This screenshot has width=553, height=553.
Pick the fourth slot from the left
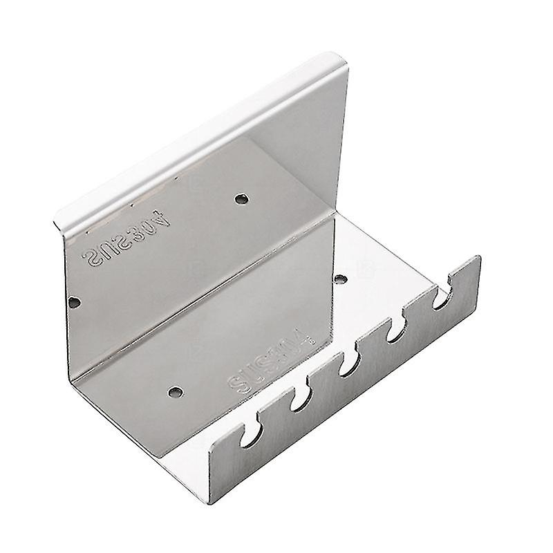pyautogui.click(x=396, y=330)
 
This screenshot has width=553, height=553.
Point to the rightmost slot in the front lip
pyautogui.click(x=440, y=299)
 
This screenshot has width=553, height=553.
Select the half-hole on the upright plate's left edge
pyautogui.click(x=74, y=302)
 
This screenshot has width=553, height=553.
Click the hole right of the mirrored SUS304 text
pyautogui.click(x=241, y=199)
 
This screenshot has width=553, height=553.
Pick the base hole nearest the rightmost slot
pyautogui.click(x=340, y=279)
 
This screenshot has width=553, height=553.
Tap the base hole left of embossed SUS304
pyautogui.click(x=172, y=391)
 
